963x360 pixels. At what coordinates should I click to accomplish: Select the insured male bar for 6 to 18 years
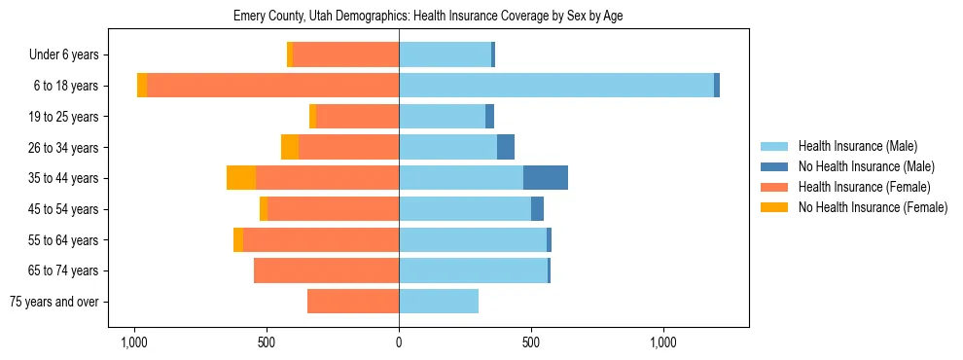point(555,86)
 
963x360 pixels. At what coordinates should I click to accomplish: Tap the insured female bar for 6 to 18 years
point(272,86)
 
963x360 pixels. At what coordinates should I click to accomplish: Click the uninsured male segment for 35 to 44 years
point(545,178)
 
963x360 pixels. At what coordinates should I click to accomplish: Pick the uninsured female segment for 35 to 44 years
point(241,178)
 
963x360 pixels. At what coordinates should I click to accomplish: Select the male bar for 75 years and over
point(439,302)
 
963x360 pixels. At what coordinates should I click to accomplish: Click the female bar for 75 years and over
point(353,302)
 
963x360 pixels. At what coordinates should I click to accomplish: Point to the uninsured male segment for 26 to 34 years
point(505,147)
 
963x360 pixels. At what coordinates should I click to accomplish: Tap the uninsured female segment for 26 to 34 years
point(290,147)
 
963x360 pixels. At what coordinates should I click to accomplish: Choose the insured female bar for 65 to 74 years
point(326,270)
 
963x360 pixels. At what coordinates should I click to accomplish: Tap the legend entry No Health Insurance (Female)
point(873,207)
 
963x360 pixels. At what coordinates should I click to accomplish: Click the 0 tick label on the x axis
point(399,343)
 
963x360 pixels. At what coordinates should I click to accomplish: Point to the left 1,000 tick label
point(133,343)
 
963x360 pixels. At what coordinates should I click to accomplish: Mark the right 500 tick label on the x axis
point(531,343)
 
